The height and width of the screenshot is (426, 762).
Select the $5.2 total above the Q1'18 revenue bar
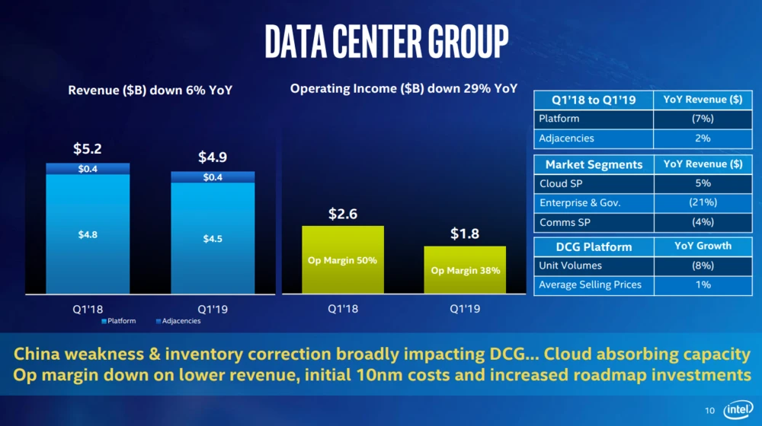pos(88,149)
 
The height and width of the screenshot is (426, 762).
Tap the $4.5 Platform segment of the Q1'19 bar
pos(213,238)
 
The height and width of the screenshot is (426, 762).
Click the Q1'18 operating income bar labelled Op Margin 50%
pos(342,259)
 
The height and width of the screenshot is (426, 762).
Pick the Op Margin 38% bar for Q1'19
pos(465,269)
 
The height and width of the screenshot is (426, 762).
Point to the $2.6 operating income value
pos(342,214)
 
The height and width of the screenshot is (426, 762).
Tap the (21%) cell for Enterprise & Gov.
pos(702,202)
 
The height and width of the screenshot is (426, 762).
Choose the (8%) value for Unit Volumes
pos(702,265)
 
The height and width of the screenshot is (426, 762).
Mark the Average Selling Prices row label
pos(590,285)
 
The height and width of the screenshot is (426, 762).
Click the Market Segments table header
pos(594,164)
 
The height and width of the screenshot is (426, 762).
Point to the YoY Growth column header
pos(702,246)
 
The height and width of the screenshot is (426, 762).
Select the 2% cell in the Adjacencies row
pos(702,138)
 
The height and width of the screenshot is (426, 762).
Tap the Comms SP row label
pos(562,222)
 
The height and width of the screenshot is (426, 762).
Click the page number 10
pos(709,411)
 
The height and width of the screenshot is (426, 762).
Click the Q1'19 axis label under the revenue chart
pos(213,310)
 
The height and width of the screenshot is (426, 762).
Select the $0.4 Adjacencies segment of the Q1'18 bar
pos(88,169)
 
